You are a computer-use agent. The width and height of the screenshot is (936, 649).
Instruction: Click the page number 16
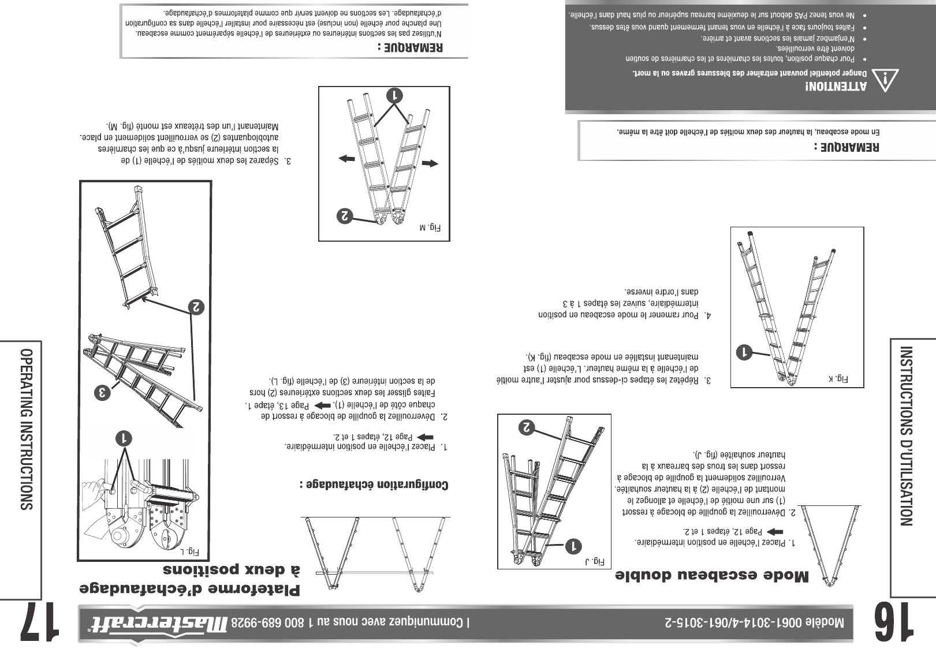click(894, 623)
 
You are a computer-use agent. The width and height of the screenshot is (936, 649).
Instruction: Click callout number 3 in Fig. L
click(103, 393)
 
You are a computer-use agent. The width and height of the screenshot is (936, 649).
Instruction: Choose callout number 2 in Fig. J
click(528, 427)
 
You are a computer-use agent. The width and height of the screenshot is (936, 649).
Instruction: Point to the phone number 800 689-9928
click(273, 623)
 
